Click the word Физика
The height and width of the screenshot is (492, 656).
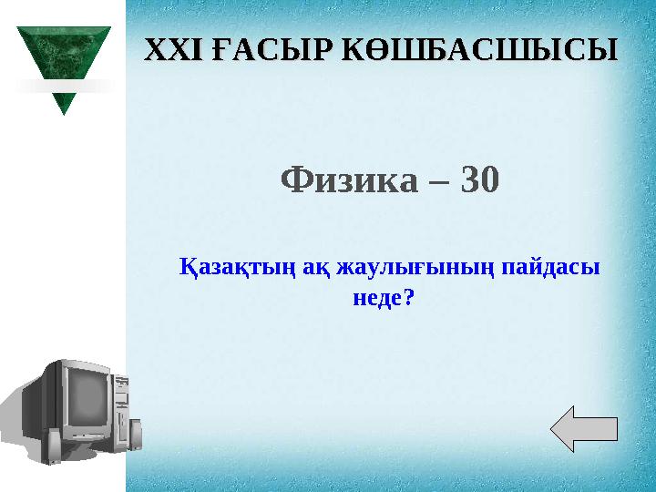click(x=350, y=181)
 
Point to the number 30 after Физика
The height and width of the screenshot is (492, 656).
click(x=480, y=181)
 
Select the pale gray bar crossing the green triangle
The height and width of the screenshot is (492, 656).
click(x=63, y=87)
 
